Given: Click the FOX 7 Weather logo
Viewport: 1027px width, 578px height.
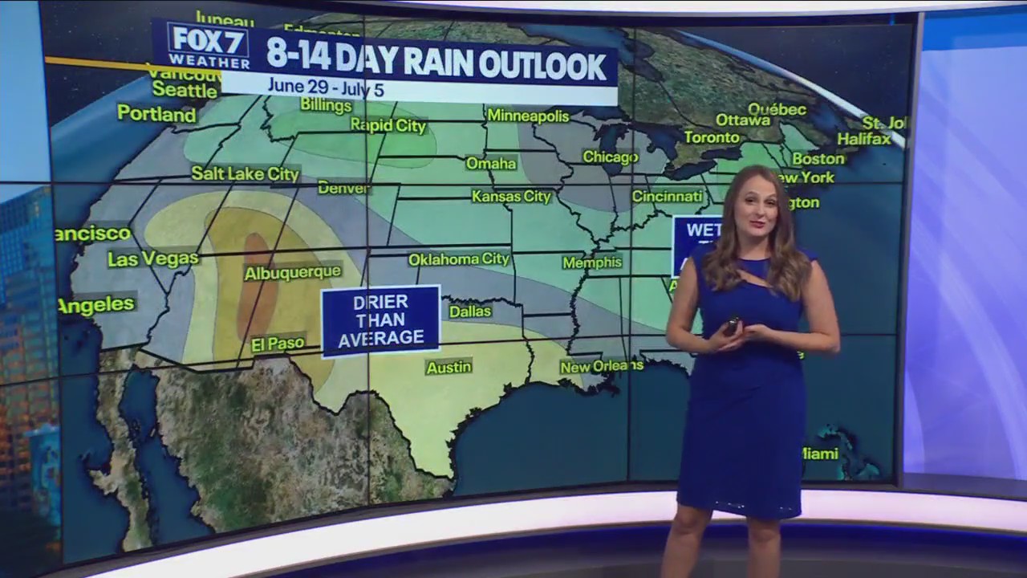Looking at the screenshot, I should [x=208, y=46].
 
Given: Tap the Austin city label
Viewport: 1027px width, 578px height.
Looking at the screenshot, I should [x=449, y=368].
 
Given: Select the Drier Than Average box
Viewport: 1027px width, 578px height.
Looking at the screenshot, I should [x=380, y=320].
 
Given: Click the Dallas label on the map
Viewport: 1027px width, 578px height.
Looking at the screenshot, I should [x=469, y=311].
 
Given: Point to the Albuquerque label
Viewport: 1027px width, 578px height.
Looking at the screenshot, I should [x=293, y=273].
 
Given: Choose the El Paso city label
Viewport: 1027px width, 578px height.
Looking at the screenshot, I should [x=278, y=344].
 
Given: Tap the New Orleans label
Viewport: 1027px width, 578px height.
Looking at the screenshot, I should [x=601, y=366].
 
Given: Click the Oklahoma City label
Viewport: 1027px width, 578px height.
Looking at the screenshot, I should [x=459, y=259].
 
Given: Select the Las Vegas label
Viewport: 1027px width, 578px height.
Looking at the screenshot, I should [x=152, y=258].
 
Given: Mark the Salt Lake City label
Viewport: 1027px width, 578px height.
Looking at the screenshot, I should [x=245, y=173].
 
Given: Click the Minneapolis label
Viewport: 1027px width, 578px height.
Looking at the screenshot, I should [x=528, y=116].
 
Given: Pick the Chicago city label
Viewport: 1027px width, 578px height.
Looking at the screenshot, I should [x=610, y=157].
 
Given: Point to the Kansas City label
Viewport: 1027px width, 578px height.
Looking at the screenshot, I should [x=511, y=197].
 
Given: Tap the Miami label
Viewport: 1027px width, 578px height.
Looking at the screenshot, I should [x=820, y=454].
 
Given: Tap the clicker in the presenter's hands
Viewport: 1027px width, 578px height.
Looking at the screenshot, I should [x=732, y=327].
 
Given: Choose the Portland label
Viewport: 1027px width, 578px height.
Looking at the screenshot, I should [x=156, y=114].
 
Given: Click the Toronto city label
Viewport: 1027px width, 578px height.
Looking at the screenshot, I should [x=711, y=137].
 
